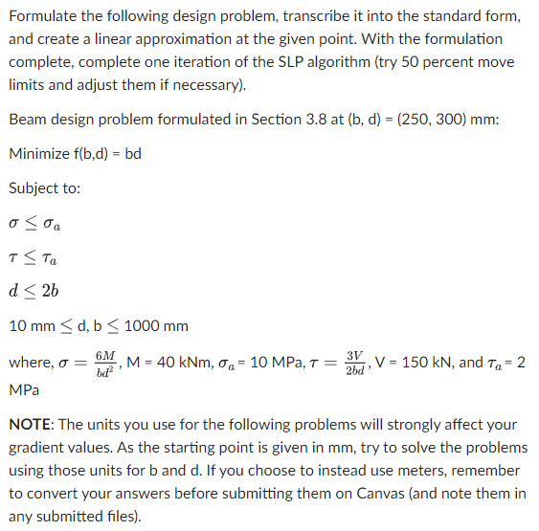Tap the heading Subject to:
tap(44, 188)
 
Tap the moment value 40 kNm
tap(168, 363)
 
